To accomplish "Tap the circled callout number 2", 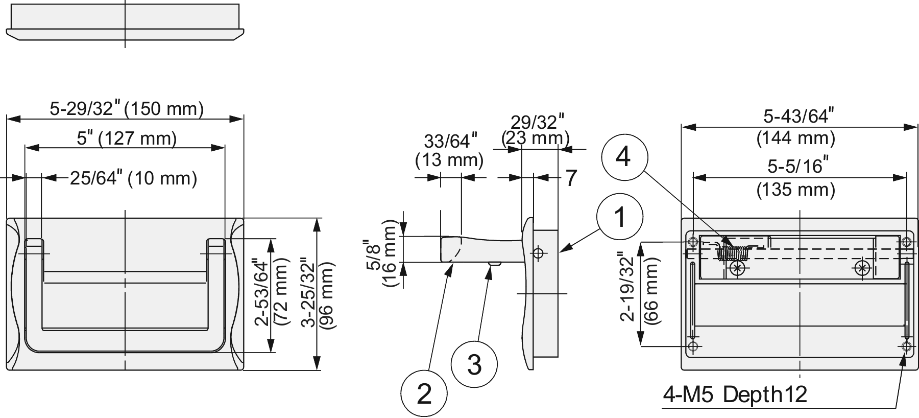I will tap(424, 393).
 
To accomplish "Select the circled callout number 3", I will tap(474, 365).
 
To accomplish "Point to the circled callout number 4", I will tap(624, 156).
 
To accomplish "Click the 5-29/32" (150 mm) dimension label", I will tap(127, 109).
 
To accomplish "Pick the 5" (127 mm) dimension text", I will tap(127, 138).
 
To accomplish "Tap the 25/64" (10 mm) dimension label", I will tap(133, 178).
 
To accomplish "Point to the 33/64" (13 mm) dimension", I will tap(450, 150).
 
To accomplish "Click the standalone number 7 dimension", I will tap(571, 178).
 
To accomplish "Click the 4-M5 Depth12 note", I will tap(735, 394).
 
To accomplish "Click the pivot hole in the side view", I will tap(538, 252).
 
